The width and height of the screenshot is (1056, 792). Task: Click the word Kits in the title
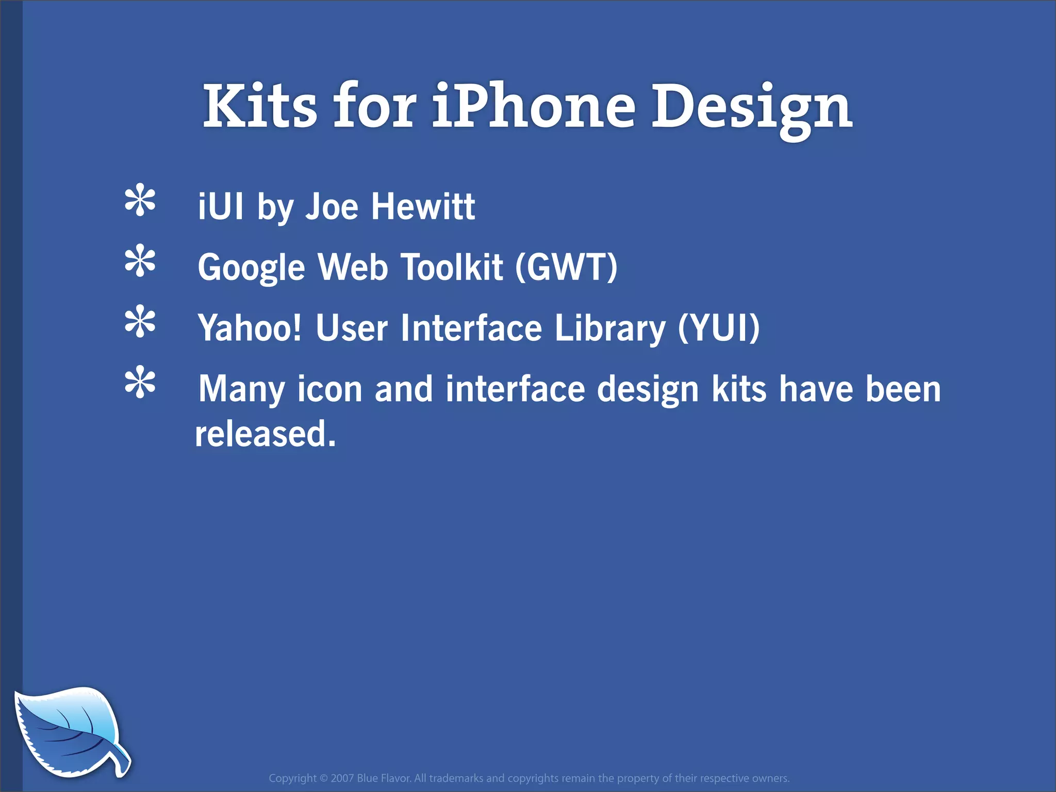[260, 106]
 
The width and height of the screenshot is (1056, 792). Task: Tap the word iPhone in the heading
[533, 106]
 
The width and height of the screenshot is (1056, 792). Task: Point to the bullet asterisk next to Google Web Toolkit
[140, 262]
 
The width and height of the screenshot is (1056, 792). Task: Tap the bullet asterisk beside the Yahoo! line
[140, 323]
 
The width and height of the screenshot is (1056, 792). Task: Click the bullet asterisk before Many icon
[140, 384]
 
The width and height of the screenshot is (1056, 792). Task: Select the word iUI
[221, 206]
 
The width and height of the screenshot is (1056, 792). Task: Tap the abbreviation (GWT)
[566, 267]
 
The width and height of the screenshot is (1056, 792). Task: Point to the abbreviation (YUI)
[718, 328]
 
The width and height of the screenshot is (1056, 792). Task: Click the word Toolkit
[452, 267]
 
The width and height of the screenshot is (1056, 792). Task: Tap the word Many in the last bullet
[241, 390]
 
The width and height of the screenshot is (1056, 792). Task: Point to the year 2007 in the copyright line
[342, 778]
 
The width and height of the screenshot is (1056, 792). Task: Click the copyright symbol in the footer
[324, 778]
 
